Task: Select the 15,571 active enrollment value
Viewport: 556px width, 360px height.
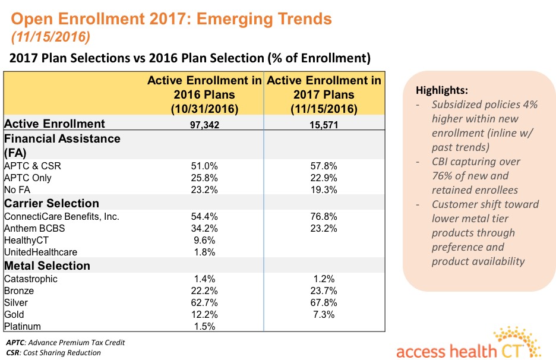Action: click(x=324, y=125)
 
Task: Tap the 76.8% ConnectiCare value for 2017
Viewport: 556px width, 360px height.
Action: click(x=324, y=216)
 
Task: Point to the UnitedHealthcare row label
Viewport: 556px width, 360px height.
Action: click(x=40, y=252)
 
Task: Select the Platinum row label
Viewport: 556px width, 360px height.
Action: click(x=21, y=326)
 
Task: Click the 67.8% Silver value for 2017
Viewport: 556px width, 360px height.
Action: click(x=324, y=302)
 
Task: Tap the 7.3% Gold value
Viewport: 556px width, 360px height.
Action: click(x=324, y=314)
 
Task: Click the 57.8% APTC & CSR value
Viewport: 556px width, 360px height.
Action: click(x=324, y=166)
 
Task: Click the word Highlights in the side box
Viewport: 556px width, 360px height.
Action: click(x=441, y=90)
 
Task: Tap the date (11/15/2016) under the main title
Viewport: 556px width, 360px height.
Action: click(x=49, y=36)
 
